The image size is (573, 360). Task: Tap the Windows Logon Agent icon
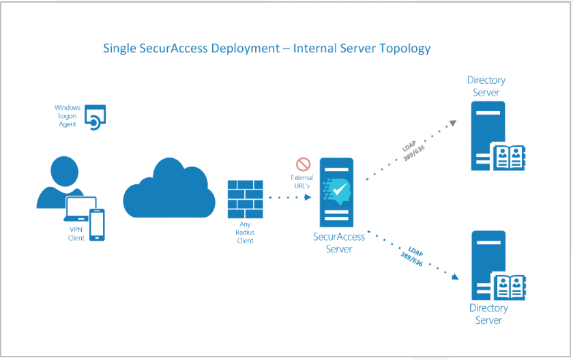[95, 117]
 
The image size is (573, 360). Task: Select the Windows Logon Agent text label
[68, 116]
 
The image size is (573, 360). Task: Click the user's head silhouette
[64, 171]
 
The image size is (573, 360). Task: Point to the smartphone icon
[97, 224]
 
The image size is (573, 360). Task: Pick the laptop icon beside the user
[80, 209]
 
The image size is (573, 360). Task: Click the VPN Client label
[76, 234]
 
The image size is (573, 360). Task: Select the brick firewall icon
[245, 199]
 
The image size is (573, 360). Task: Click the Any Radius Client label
[245, 232]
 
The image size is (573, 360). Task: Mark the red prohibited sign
[304, 164]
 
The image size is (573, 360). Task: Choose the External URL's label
[302, 182]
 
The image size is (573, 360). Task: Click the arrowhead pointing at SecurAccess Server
[308, 198]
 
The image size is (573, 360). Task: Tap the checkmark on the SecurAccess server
[340, 189]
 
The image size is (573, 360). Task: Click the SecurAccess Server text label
[339, 243]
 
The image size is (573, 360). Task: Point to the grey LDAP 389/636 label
[413, 151]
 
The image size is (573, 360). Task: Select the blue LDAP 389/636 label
[413, 256]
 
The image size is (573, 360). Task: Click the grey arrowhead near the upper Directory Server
[453, 123]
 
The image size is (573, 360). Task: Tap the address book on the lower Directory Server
[510, 286]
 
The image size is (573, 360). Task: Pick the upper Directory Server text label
[486, 86]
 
